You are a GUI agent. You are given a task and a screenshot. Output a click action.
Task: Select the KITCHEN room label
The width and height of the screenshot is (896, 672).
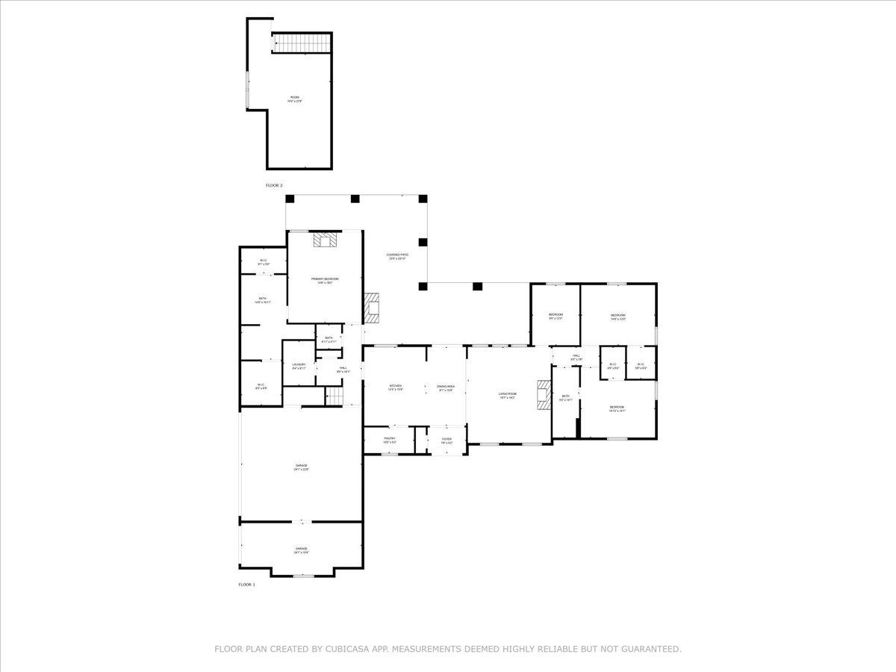[395, 388]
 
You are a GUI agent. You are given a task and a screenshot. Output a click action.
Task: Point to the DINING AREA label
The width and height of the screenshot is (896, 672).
[446, 388]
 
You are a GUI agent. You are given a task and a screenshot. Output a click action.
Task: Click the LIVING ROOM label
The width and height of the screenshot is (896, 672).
[508, 395]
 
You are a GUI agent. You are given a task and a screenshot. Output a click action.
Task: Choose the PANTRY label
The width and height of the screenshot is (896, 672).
[390, 440]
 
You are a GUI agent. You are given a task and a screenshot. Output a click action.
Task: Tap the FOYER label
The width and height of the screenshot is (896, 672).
[447, 441]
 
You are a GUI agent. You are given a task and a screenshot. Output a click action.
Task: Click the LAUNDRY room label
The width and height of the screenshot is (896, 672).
[299, 366]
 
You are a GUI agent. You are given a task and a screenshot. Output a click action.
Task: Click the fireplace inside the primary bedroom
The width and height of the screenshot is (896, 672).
[326, 239]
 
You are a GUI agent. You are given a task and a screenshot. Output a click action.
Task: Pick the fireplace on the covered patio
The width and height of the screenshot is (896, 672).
[372, 307]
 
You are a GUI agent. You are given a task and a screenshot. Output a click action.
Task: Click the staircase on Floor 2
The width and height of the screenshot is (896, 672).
[302, 43]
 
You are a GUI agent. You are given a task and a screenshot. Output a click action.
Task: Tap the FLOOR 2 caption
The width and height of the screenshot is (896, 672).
[274, 185]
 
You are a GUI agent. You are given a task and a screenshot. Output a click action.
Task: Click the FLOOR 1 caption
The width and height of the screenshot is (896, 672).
[246, 585]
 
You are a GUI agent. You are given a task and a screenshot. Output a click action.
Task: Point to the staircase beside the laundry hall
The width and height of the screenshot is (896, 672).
[335, 396]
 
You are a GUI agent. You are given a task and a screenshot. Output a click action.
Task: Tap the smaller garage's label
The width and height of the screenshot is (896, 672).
[301, 550]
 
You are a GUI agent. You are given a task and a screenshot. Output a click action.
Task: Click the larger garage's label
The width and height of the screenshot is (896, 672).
[301, 467]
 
